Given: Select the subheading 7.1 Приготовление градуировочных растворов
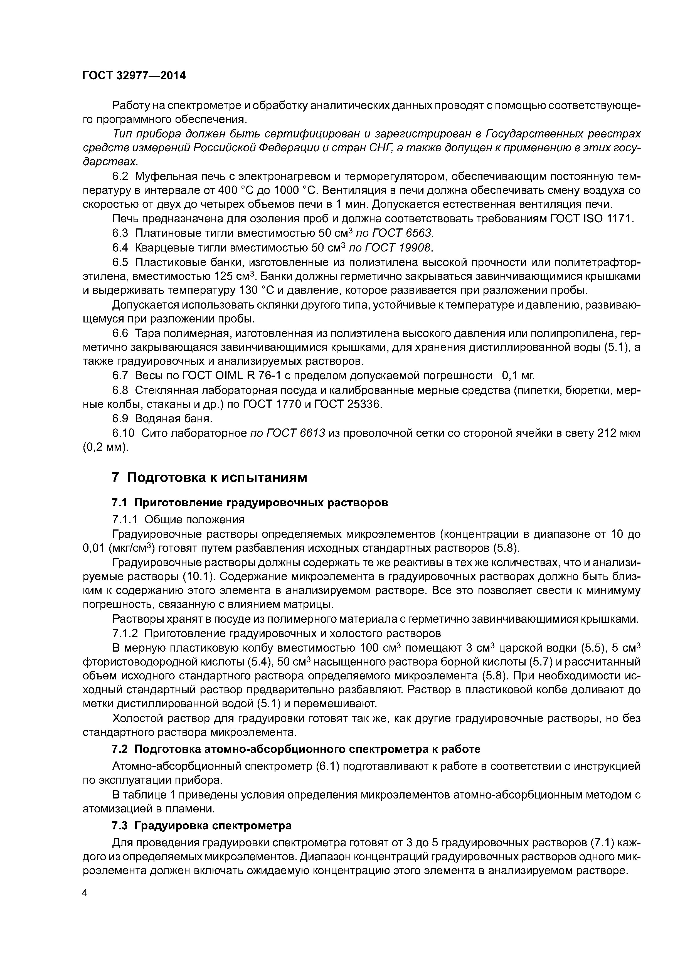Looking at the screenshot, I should click(250, 502).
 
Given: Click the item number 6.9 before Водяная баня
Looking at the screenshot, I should click(120, 419).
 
